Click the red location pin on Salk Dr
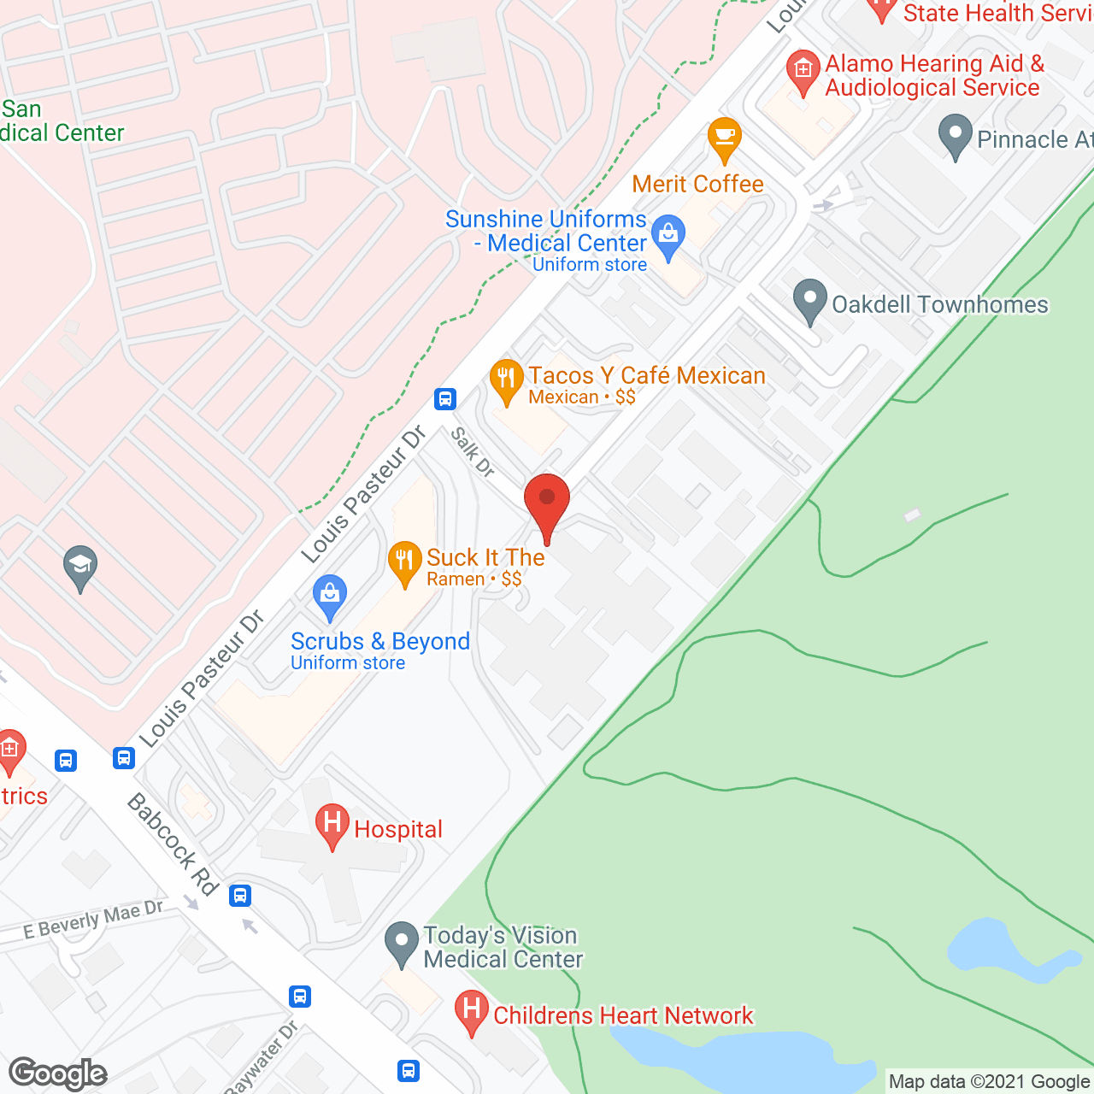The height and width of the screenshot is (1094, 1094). [547, 503]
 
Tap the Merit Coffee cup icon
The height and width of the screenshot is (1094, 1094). [724, 138]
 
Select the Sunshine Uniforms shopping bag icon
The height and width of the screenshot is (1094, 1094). [668, 237]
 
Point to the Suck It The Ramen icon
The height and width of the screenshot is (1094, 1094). [404, 562]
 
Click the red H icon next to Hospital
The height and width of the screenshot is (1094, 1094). [332, 825]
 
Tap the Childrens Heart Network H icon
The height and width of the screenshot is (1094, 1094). [471, 1011]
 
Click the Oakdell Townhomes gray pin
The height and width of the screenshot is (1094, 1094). [809, 301]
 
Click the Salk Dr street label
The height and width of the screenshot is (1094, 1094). [473, 452]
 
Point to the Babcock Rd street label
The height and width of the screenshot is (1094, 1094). [174, 844]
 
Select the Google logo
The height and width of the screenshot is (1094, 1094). [58, 1073]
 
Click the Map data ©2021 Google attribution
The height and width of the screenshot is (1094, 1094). [989, 1082]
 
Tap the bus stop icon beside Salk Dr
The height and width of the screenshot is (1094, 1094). [444, 399]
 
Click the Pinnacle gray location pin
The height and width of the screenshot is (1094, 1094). [955, 136]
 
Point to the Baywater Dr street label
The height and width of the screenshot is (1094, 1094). [261, 1058]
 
